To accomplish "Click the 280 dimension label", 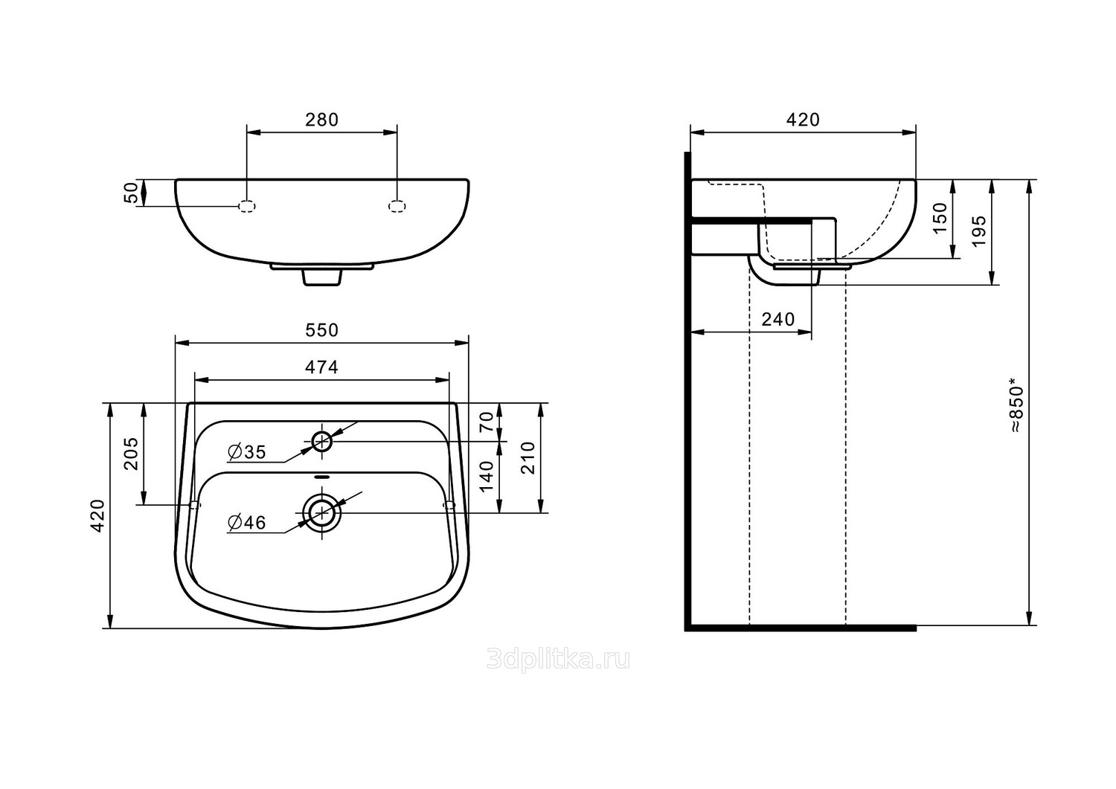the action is point(321,120).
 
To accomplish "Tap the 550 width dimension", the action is point(321,329).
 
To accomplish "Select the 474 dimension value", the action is point(321,367).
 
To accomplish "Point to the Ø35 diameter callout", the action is point(246,452).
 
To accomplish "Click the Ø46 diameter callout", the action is point(246,523).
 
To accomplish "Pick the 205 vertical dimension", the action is point(131,454).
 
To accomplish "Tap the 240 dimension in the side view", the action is point(777,319).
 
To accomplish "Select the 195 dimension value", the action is point(978,231).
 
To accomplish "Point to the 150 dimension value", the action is point(940,217).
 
